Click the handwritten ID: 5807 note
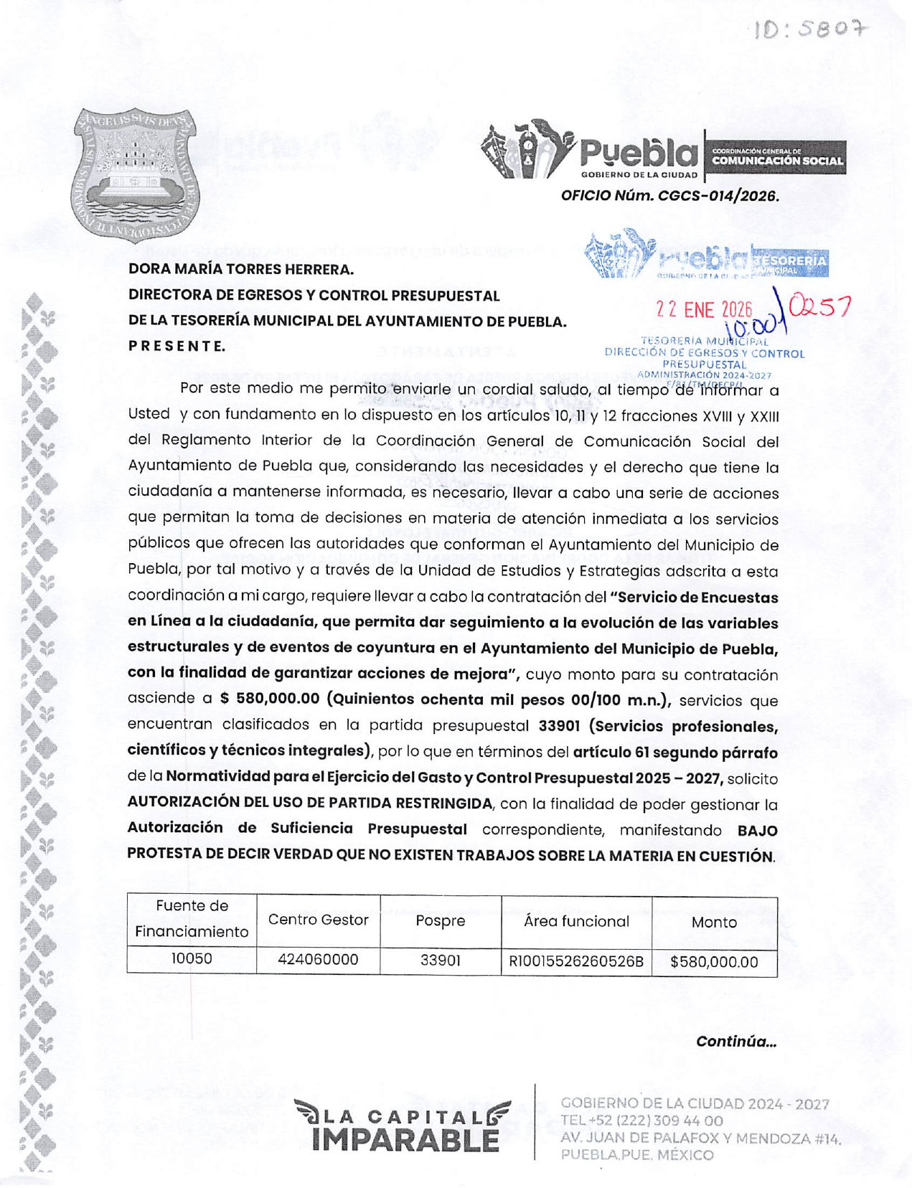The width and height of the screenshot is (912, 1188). [809, 29]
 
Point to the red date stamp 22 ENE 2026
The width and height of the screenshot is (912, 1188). [704, 310]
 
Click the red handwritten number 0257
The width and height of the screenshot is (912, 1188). [819, 307]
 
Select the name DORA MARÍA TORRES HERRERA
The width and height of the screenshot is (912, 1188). [241, 270]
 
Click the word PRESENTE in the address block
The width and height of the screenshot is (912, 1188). [177, 346]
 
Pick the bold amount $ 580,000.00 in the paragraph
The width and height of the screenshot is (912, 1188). [270, 699]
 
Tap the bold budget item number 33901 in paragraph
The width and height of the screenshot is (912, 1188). [559, 725]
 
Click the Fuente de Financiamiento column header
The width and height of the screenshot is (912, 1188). [192, 919]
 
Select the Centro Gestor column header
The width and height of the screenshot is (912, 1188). [318, 920]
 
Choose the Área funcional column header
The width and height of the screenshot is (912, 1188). [576, 921]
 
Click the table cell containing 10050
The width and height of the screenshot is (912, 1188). [192, 958]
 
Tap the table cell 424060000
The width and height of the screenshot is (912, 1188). [318, 960]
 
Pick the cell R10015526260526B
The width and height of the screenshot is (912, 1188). [576, 961]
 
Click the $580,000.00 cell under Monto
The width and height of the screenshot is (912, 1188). [714, 962]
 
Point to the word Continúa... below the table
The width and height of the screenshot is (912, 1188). [735, 1042]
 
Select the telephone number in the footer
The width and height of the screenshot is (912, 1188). [641, 1121]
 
